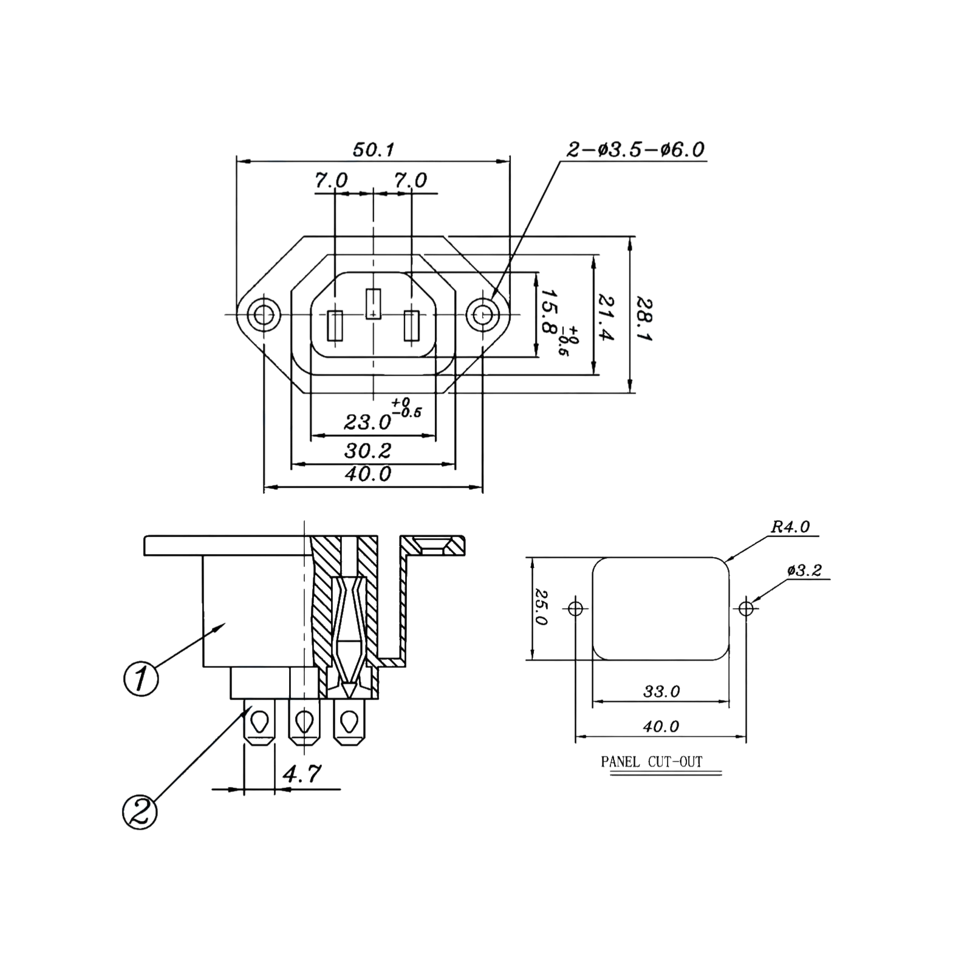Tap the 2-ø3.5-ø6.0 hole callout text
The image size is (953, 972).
coord(636,149)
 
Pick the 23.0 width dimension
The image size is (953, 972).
coord(367,420)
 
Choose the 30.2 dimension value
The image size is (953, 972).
coord(367,450)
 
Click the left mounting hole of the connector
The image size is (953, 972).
coord(263,315)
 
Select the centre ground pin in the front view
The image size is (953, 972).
coord(372,303)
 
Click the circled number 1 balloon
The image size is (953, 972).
coord(141,678)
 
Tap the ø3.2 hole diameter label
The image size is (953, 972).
coord(805,570)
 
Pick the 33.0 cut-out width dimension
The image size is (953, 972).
coord(661,691)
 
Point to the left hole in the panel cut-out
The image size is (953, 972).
coord(575,607)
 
